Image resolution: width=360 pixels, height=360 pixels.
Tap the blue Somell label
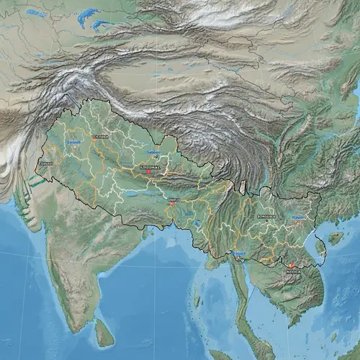tap(73, 143)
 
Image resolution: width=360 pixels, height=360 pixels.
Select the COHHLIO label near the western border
tap(45, 163)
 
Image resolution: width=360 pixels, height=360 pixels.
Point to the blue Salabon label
tap(153, 152)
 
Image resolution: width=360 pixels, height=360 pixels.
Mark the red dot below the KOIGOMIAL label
tap(148, 171)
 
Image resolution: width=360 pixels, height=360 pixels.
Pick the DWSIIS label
tap(173, 199)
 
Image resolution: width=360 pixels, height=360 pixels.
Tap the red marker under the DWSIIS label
tap(173, 204)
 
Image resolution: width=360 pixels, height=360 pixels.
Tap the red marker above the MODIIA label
tap(292, 266)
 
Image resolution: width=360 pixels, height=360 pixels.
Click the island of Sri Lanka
tap(105, 331)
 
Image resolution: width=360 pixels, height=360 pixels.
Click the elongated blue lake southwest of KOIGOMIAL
tap(133, 192)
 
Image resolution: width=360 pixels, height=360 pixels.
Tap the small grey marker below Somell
tap(73, 149)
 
